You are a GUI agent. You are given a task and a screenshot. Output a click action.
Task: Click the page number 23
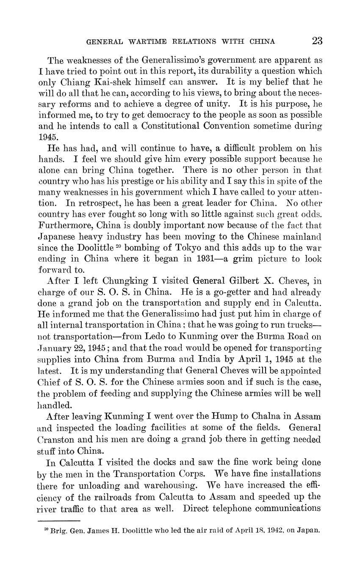(x=317, y=41)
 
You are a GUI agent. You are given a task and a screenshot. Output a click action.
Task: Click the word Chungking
(x=122, y=280)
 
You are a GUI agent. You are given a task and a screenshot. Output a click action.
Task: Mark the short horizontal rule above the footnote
(x=59, y=520)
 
